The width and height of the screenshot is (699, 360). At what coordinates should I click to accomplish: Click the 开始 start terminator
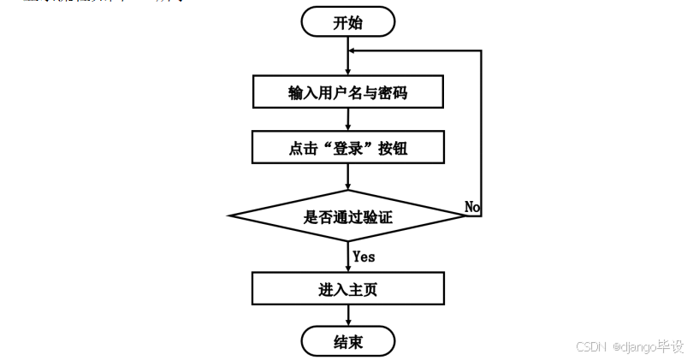click(x=348, y=22)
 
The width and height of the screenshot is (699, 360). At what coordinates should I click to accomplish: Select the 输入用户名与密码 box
click(x=348, y=92)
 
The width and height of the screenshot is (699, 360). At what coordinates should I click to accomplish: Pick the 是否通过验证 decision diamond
click(x=348, y=216)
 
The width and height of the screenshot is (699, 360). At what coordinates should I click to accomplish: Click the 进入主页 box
click(x=348, y=288)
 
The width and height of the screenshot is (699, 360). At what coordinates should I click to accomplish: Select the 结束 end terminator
click(x=348, y=342)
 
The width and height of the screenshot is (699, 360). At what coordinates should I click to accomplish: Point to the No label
click(x=472, y=206)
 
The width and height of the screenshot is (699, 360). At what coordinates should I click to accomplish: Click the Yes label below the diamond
click(x=364, y=256)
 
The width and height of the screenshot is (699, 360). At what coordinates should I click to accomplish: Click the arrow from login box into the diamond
click(x=348, y=176)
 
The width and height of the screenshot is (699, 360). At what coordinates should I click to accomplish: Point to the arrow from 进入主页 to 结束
click(x=348, y=316)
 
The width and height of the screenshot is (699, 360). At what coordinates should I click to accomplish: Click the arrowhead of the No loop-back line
click(x=353, y=50)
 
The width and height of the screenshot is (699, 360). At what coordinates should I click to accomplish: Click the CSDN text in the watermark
click(x=590, y=347)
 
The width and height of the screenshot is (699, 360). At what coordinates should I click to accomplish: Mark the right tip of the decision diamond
click(x=465, y=216)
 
